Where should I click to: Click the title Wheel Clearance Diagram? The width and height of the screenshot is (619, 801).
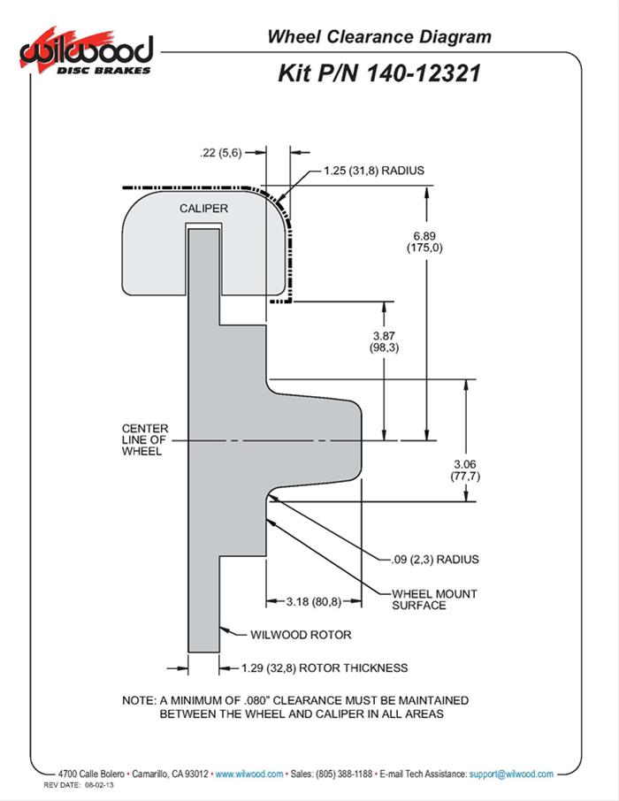click(x=378, y=36)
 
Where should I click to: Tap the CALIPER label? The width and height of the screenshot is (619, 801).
click(x=204, y=209)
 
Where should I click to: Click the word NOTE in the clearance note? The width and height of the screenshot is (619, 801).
click(x=141, y=700)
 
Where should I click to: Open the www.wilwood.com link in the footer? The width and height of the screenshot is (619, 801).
click(x=249, y=774)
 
